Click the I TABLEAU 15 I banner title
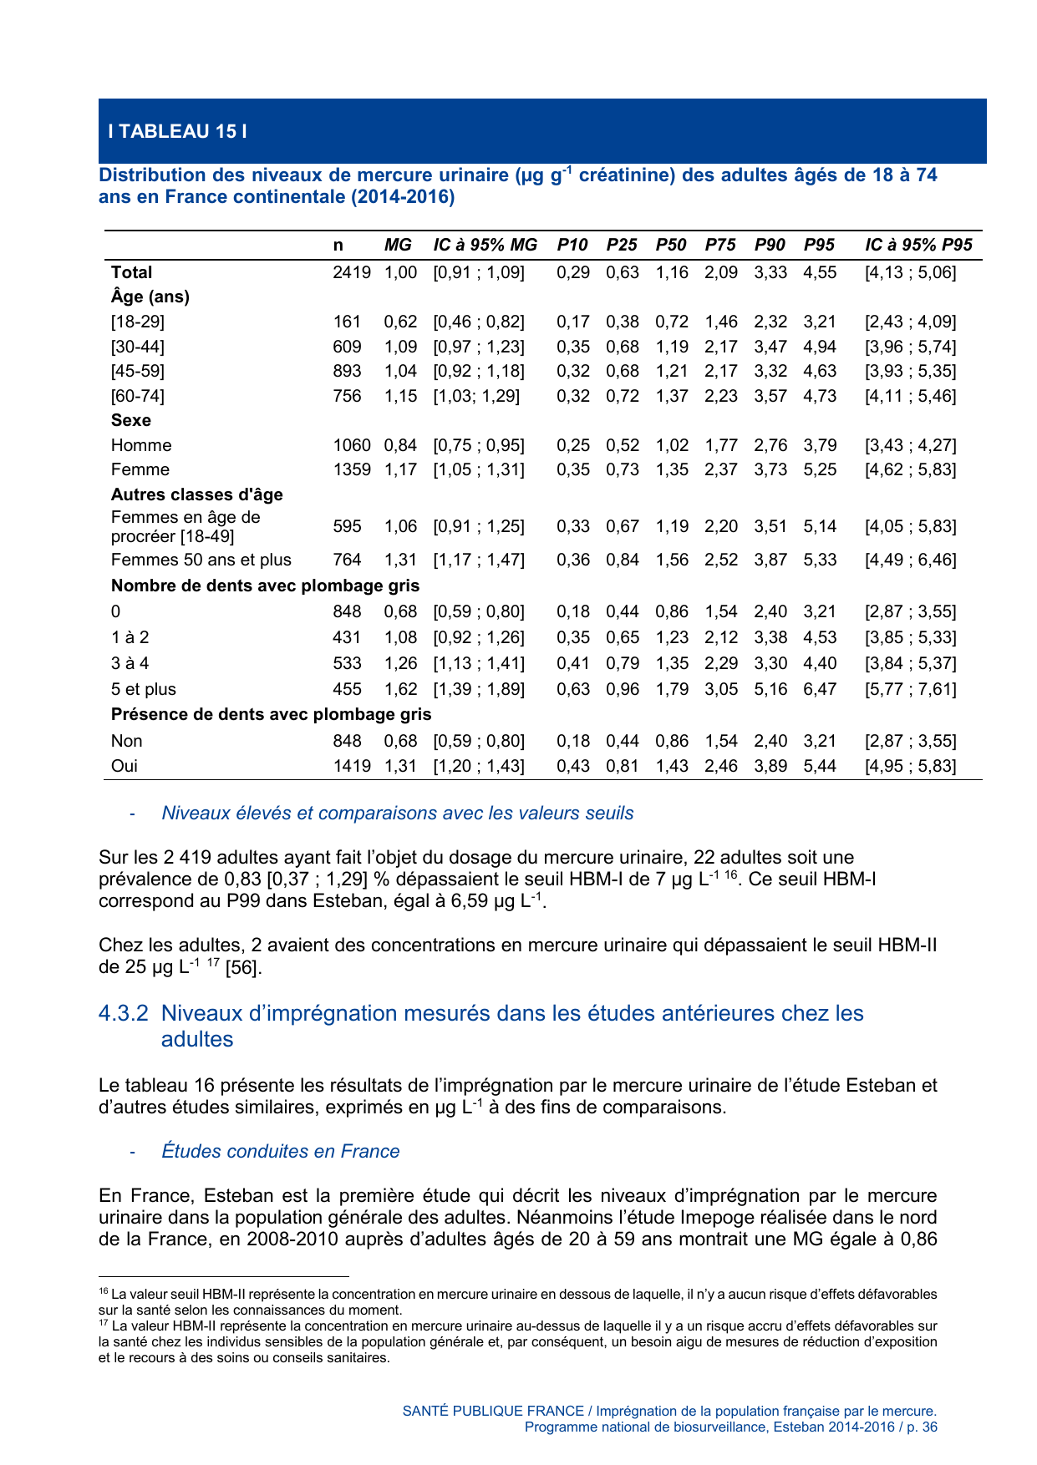(177, 131)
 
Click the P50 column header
(670, 245)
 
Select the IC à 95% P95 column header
(918, 245)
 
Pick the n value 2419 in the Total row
(351, 272)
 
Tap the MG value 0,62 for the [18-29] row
(400, 322)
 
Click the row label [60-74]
(138, 396)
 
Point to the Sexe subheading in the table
(131, 420)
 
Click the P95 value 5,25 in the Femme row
(819, 469)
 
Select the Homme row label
(141, 445)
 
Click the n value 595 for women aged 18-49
(347, 526)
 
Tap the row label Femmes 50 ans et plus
(201, 560)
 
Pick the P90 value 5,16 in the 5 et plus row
(770, 689)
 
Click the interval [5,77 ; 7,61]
(910, 689)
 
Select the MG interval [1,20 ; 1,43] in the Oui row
(479, 766)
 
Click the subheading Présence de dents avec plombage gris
(271, 714)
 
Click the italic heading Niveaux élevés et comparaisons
(397, 813)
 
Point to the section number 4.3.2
(124, 1013)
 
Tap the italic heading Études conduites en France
(280, 1151)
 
